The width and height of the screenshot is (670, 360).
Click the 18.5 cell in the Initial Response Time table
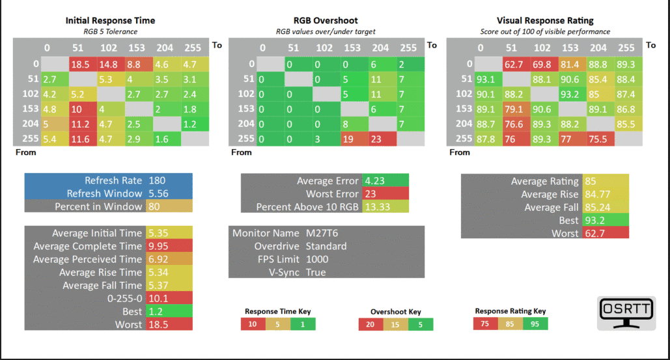pyautogui.click(x=83, y=64)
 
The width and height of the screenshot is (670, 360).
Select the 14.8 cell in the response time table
pyautogui.click(x=111, y=64)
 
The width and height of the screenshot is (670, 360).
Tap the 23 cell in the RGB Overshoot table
pyautogui.click(x=382, y=139)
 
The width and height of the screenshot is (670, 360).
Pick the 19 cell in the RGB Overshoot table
pyautogui.click(x=355, y=139)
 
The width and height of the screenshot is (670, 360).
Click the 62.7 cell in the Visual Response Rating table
pyautogui.click(x=516, y=64)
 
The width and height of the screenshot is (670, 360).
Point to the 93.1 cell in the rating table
pyautogui.click(x=488, y=79)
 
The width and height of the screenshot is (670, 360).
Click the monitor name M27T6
pyautogui.click(x=322, y=233)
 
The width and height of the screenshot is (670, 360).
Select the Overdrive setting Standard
pyautogui.click(x=326, y=246)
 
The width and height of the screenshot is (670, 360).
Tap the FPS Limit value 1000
pyautogui.click(x=317, y=259)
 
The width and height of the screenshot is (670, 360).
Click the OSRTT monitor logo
pyautogui.click(x=626, y=313)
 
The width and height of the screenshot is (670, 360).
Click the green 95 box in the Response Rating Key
pyautogui.click(x=535, y=324)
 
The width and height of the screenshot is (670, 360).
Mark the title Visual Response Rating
pyautogui.click(x=545, y=20)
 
